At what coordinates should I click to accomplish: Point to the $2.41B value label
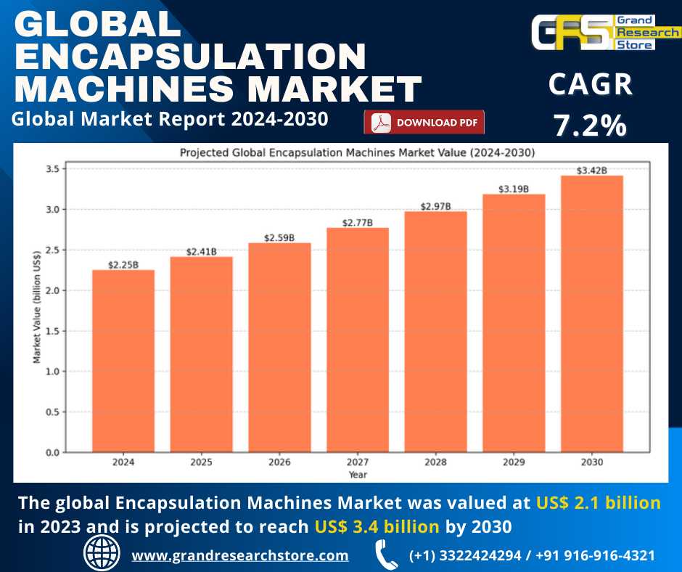point(201,252)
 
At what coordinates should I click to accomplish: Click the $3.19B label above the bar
point(514,189)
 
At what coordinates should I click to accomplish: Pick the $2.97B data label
point(435,206)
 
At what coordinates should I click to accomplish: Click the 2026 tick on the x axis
point(279,462)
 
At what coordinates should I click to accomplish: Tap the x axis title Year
point(357,474)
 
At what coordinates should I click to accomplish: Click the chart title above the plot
point(357,152)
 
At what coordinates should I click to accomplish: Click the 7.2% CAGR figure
point(590,126)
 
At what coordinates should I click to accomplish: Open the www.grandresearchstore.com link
point(239,555)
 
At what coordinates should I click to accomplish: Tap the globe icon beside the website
point(102,554)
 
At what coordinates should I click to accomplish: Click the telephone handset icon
point(385,555)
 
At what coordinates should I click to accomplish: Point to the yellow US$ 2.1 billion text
point(599,502)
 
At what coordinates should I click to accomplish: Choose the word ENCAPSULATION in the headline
point(191,57)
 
